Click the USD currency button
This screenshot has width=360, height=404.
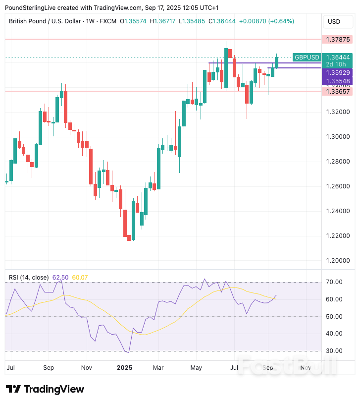pos(334,21)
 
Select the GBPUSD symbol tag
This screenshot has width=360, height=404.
pos(307,58)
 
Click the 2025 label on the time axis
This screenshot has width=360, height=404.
pos(124,368)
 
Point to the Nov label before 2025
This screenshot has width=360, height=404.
pos(87,368)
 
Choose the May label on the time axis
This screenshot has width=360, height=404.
pos(196,368)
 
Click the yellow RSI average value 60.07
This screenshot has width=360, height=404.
pos(80,277)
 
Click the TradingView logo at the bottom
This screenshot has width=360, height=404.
pos(45,389)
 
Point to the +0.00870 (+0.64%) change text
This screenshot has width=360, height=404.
pos(266,21)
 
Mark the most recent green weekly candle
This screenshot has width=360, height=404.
pos(277,62)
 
